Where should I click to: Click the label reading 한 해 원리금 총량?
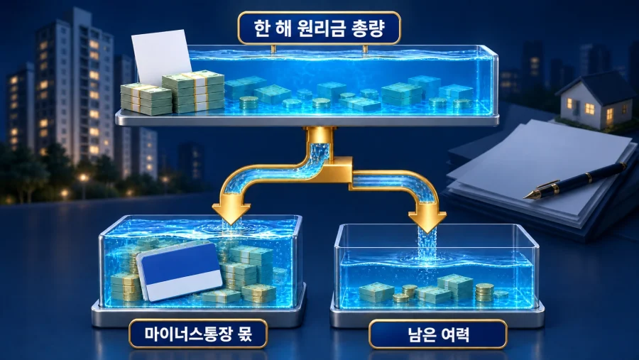319,28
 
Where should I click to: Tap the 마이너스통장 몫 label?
198,334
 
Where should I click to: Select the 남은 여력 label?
438,334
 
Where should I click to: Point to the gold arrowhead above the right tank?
427,219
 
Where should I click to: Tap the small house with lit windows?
593,100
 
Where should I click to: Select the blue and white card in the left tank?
180,271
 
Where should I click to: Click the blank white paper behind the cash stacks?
161,56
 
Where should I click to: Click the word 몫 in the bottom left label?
244,334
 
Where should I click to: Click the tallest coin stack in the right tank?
484,293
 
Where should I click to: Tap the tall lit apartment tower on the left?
75,86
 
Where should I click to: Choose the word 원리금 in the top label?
319,28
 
